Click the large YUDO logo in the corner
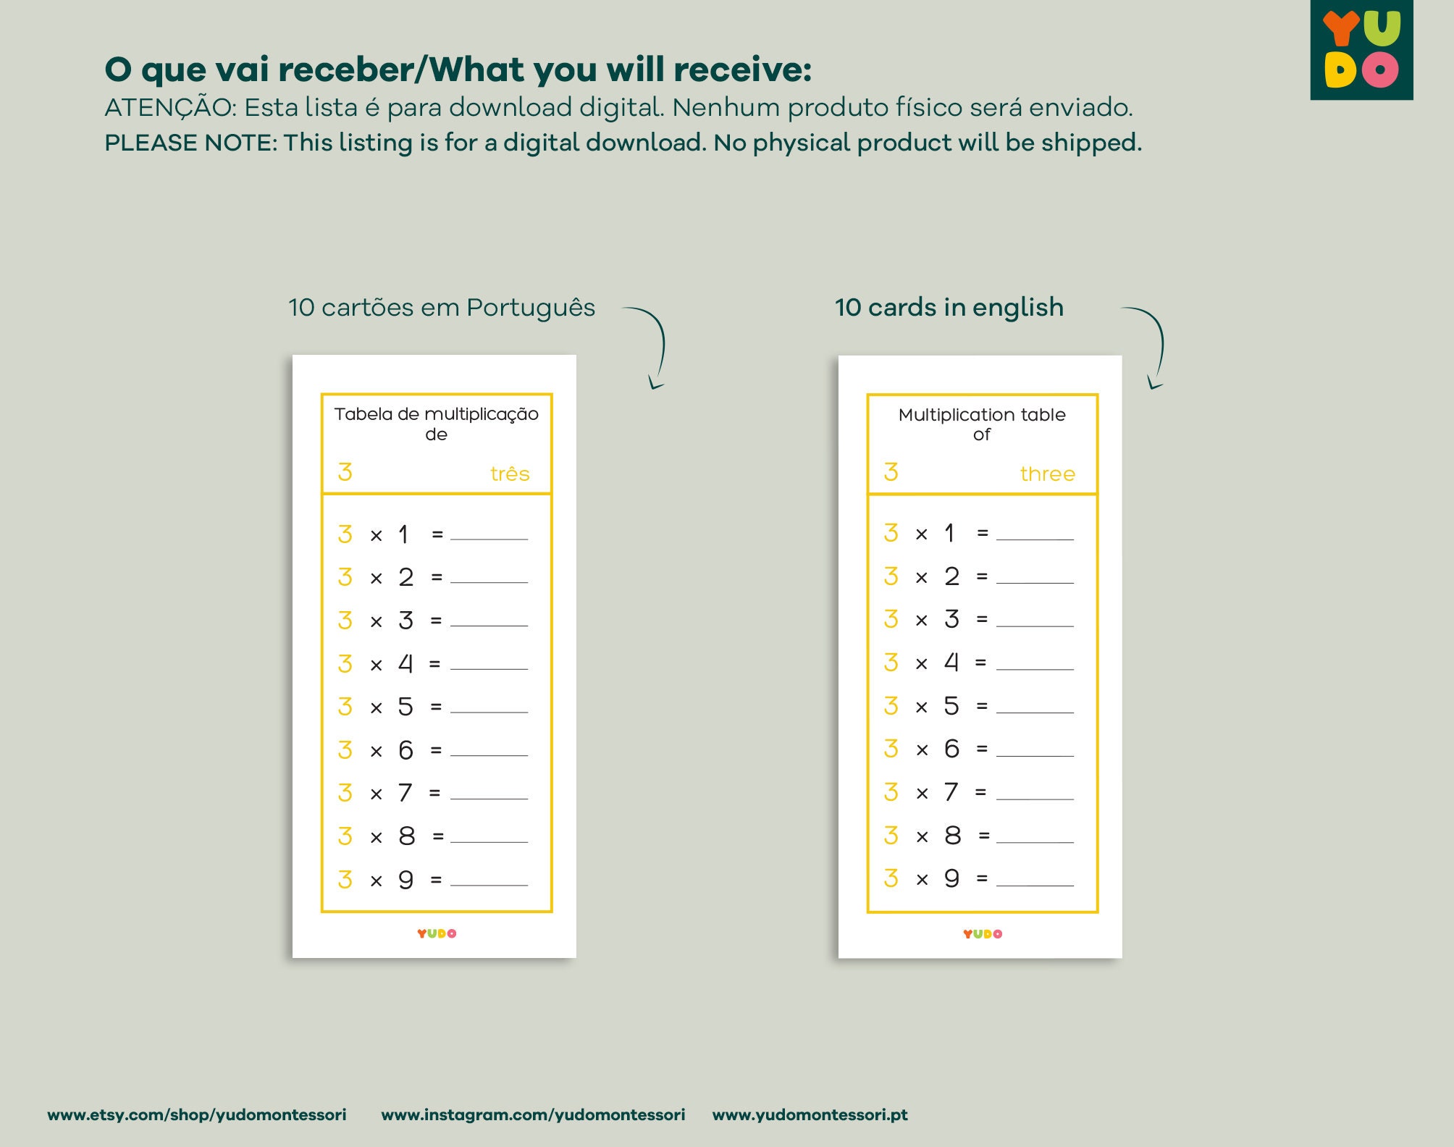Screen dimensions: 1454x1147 [1361, 49]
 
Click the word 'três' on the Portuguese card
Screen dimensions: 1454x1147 [510, 474]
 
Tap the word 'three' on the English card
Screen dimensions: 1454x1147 [1047, 474]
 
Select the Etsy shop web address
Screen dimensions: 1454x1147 [197, 1114]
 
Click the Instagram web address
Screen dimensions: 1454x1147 [533, 1114]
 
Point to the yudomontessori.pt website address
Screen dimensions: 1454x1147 [810, 1114]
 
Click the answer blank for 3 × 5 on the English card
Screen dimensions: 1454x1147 [1035, 713]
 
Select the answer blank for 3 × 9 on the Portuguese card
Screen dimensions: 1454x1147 [489, 885]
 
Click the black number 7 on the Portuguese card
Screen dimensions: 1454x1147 [405, 793]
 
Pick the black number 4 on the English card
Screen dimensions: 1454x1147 [951, 663]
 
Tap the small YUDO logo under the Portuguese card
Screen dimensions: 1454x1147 [437, 933]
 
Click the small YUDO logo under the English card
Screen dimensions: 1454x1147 [983, 934]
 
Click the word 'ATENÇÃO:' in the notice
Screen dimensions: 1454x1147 [171, 106]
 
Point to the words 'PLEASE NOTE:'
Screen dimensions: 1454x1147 [191, 143]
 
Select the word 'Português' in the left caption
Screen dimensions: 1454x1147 [531, 308]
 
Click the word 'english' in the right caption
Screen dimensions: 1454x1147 [1018, 308]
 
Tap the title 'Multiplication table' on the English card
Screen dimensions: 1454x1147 [982, 414]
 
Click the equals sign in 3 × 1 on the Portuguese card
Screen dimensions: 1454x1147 [437, 534]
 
